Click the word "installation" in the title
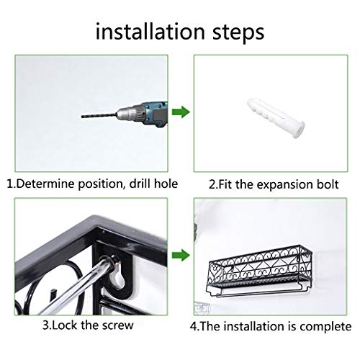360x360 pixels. pos(150,32)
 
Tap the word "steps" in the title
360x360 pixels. pos(238,32)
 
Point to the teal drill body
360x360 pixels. pos(156,114)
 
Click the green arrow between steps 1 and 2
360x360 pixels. pos(181,112)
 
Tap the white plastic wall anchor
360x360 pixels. pos(276,118)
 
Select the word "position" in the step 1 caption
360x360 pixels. pos(102,184)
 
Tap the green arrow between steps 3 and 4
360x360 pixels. pos(181,255)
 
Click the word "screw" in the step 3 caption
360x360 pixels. pos(117,325)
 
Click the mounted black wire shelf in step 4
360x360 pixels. pos(259,271)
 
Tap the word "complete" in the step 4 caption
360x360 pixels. pos(325,327)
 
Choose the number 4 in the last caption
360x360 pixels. pos(193,326)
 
